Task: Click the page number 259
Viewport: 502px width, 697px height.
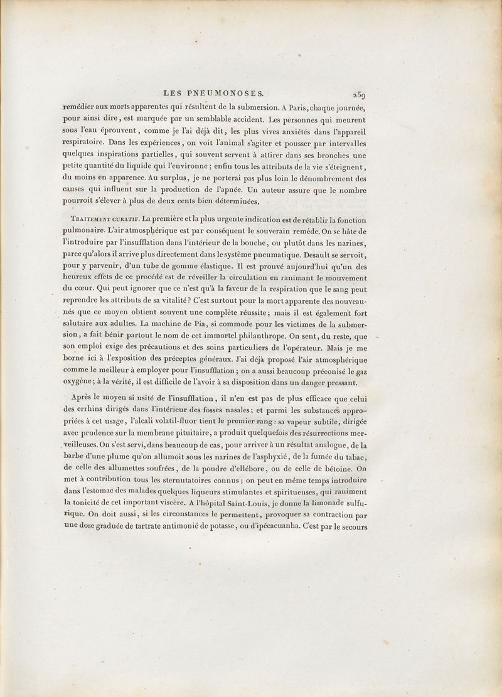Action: (x=359, y=95)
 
